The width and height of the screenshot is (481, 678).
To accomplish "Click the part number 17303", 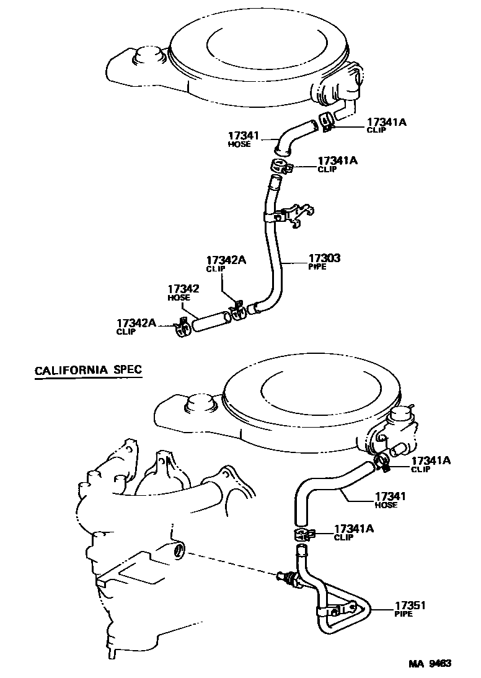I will (325, 257).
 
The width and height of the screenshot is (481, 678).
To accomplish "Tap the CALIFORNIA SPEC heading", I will (88, 371).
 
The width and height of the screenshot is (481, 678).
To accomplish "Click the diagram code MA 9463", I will (429, 664).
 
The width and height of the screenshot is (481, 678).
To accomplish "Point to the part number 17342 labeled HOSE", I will (183, 288).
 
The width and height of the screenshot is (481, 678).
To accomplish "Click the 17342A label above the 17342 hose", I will (226, 260).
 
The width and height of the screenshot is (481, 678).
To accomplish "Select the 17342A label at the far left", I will (136, 322).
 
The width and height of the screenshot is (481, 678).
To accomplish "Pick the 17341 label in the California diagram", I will (391, 496).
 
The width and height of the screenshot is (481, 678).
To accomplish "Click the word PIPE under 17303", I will (317, 266).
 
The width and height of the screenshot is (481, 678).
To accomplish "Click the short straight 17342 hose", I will (211, 320).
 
